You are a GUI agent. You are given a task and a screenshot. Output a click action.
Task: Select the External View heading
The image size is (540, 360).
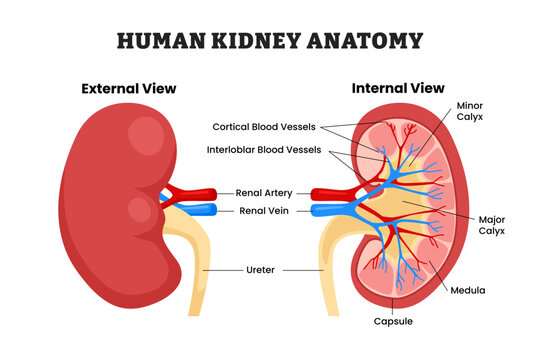point(129,89)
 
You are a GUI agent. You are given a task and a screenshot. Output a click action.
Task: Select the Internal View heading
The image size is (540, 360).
point(397,89)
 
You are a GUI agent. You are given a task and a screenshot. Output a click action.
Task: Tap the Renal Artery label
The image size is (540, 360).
point(264,192)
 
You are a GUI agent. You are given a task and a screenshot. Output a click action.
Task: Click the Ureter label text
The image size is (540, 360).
point(262,270)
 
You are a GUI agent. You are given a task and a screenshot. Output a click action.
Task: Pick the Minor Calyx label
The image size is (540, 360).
point(470,111)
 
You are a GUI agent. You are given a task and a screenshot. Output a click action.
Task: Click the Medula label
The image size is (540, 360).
point(467,290)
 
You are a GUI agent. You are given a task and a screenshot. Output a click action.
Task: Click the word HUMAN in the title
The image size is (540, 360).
point(159,41)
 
